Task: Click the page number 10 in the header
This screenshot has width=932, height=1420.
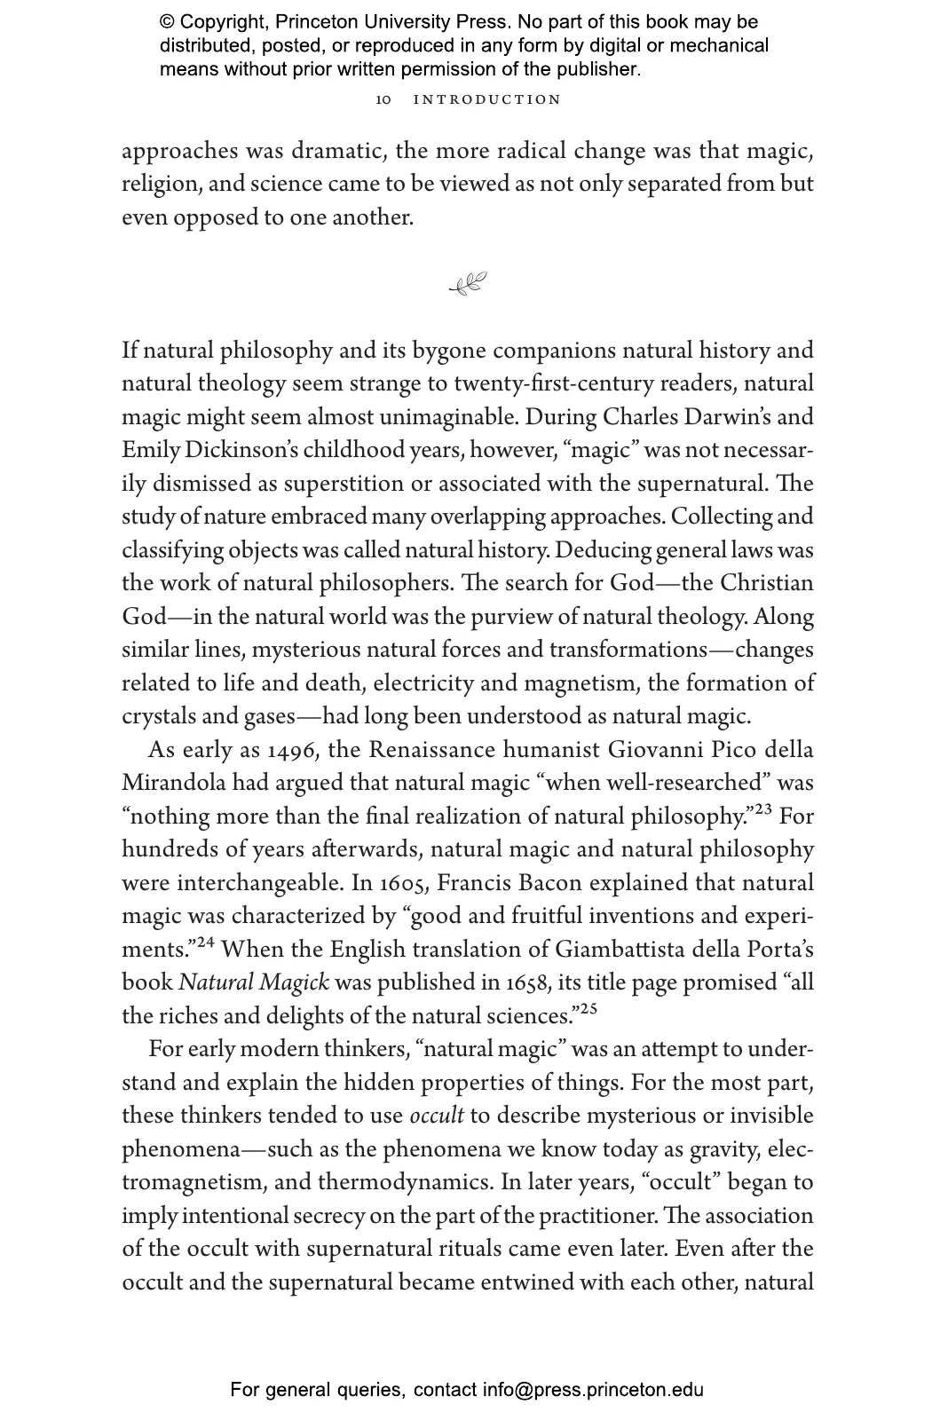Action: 383,99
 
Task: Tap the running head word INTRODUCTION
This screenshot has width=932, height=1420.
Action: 487,99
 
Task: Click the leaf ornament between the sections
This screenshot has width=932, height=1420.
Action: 468,284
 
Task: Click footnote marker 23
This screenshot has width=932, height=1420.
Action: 763,809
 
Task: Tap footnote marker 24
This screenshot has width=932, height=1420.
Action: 205,943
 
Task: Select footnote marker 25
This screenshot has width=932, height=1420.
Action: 588,1009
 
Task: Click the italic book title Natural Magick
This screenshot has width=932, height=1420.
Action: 254,983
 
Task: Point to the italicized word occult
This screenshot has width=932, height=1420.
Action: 436,1116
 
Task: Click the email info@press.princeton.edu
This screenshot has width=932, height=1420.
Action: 593,1390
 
